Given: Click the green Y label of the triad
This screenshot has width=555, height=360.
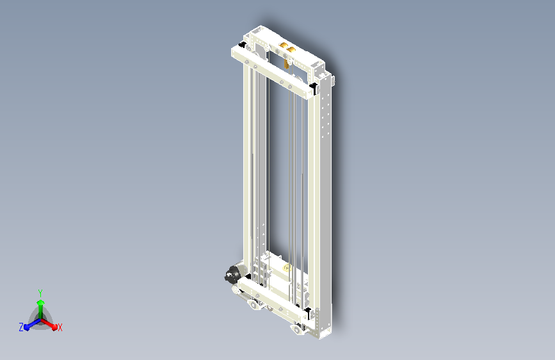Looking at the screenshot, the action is (x=40, y=293).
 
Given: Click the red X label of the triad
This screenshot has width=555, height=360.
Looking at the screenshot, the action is (x=60, y=327).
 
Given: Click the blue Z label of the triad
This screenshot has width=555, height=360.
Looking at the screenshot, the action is (x=21, y=327).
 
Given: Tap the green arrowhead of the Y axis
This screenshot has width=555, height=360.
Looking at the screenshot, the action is (x=41, y=302).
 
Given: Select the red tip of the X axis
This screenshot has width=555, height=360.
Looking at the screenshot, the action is (x=54, y=327).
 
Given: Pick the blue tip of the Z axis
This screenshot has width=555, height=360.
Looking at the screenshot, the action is (x=27, y=327).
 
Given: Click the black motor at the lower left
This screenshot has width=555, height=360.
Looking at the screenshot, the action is (x=232, y=274).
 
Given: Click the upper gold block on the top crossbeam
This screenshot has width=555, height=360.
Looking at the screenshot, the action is (x=284, y=45).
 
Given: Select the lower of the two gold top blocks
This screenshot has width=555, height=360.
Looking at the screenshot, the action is (x=291, y=50).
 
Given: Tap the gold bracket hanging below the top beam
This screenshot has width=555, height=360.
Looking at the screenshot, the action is (x=286, y=64).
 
